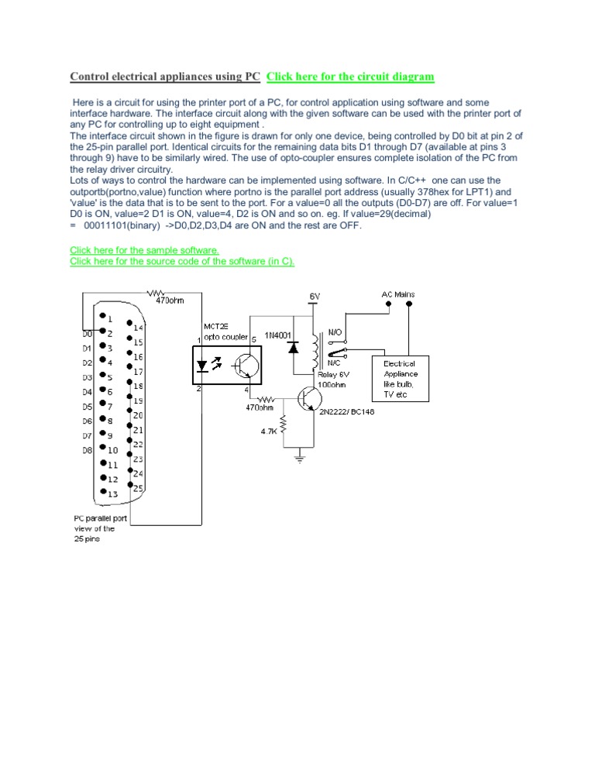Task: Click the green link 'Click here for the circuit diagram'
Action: click(350, 77)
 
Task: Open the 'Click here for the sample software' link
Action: click(145, 250)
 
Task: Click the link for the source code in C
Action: click(182, 261)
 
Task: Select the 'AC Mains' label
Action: click(398, 294)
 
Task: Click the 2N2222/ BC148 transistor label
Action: click(346, 412)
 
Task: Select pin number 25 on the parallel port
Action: click(138, 488)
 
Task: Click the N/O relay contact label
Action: click(335, 332)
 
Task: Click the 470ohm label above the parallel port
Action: click(170, 301)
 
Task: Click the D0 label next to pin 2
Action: click(87, 334)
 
